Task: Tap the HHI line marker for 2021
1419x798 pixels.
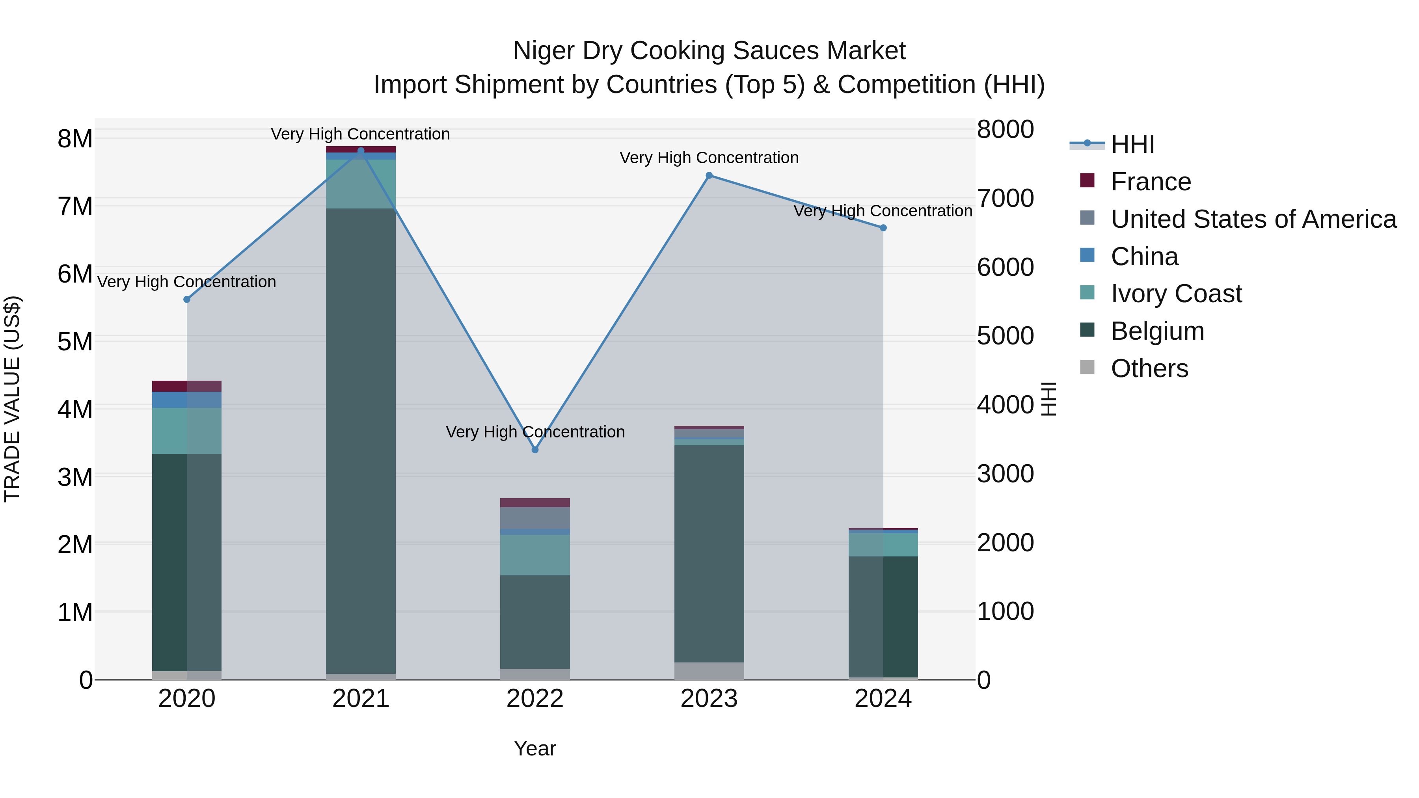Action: (x=361, y=151)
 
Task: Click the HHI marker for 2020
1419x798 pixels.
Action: (x=187, y=299)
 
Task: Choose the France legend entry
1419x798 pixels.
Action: (x=1151, y=182)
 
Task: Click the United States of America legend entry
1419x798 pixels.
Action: (x=1253, y=219)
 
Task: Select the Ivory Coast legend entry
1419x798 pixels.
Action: (x=1176, y=294)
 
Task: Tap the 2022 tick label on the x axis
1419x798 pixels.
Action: (x=535, y=699)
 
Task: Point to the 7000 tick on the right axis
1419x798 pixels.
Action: (x=1005, y=198)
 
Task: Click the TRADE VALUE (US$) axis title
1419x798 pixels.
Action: (x=13, y=399)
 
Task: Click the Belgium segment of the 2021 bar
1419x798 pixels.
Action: (x=361, y=441)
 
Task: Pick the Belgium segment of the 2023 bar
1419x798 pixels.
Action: (x=709, y=554)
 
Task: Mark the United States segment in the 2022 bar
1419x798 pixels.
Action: (x=535, y=518)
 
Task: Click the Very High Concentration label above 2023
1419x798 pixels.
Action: (x=709, y=158)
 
